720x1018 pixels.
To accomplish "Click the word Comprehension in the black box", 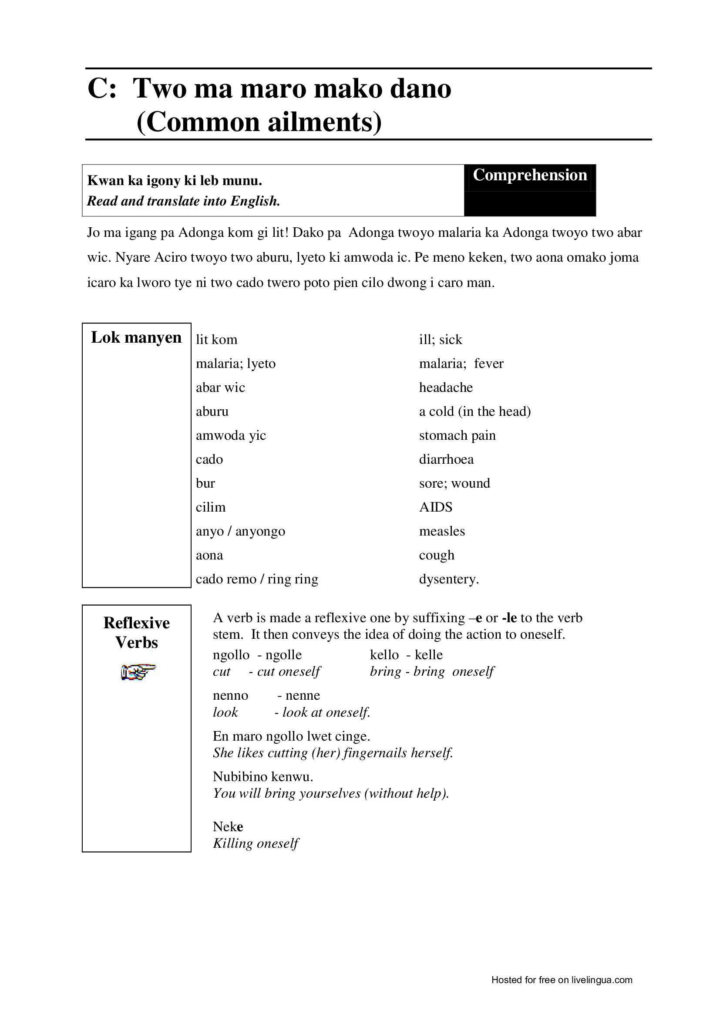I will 530,175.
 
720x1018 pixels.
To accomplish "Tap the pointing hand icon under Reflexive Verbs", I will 138,672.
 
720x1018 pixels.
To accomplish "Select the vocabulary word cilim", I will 211,507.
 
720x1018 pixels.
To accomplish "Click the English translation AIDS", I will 435,507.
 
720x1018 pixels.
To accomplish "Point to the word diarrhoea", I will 446,459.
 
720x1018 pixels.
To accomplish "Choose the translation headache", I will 446,388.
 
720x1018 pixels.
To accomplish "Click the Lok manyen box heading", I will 136,338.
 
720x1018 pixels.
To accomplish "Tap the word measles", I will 441,531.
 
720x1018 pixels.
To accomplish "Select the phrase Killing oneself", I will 256,843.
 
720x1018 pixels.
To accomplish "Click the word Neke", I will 228,826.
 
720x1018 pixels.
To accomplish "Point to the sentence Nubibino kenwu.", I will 263,776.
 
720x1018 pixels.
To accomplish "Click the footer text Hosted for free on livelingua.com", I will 562,980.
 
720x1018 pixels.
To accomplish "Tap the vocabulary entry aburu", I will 212,411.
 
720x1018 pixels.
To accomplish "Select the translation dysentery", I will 449,579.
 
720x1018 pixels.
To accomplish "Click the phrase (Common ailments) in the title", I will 259,122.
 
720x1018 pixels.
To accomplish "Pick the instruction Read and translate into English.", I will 184,201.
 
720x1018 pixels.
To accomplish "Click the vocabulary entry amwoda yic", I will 231,435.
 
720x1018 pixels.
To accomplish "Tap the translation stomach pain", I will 457,435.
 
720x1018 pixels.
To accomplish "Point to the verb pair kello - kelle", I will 406,655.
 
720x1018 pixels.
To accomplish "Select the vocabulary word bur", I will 205,483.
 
